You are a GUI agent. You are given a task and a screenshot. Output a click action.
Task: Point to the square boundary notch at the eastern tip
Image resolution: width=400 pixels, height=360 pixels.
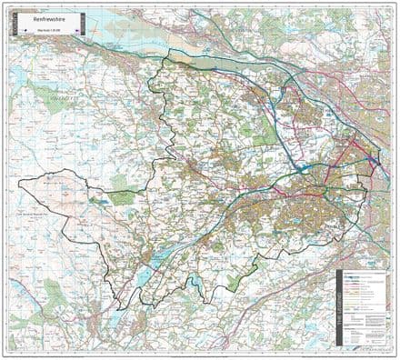374,161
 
